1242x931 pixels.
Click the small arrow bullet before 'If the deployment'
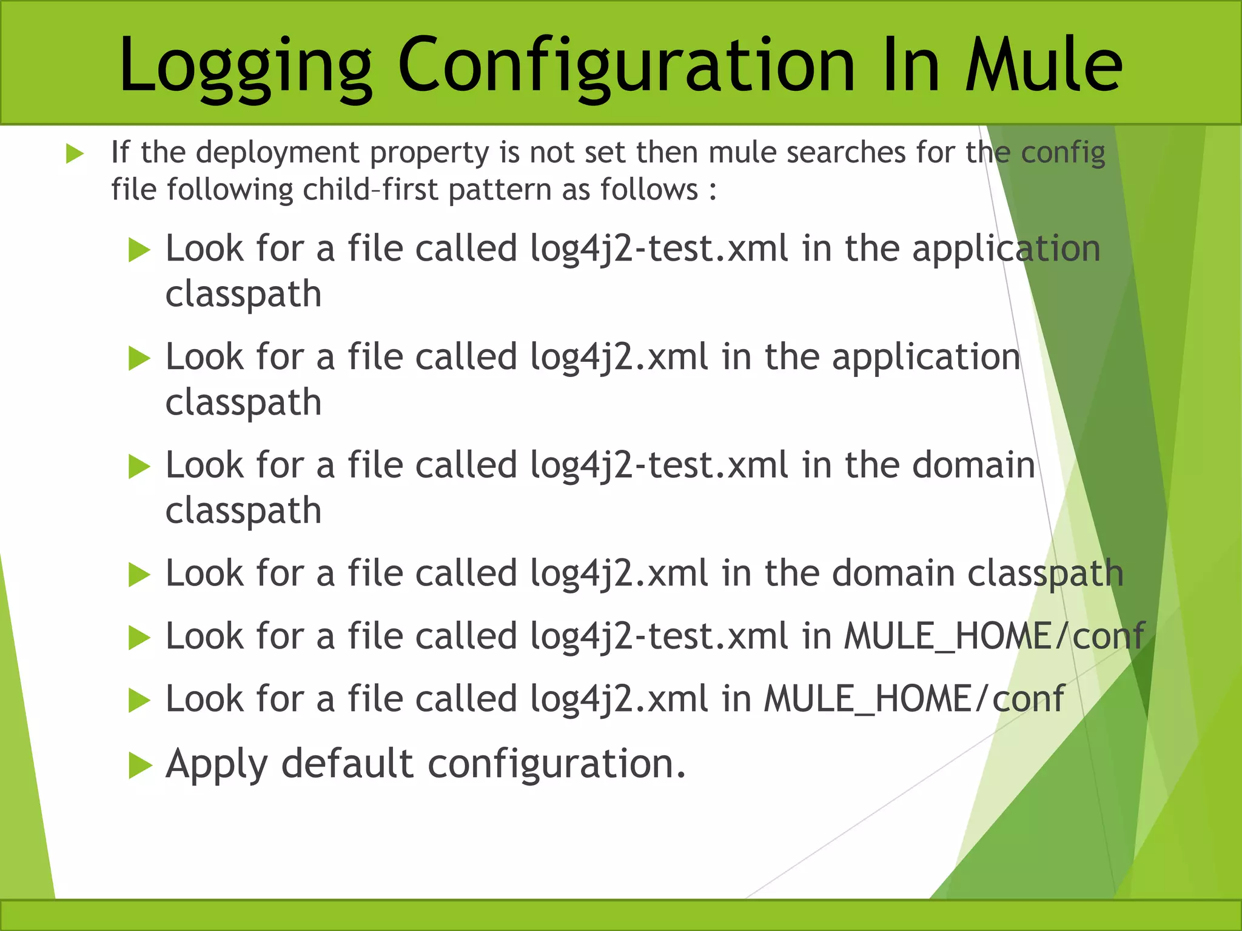coord(74,154)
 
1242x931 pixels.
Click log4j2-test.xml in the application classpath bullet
coord(659,249)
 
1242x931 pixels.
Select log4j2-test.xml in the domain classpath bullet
coord(659,465)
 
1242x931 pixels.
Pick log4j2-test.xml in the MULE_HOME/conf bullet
coord(659,637)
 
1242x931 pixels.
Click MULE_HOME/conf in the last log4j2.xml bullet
coord(913,699)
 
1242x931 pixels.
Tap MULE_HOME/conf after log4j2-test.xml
coord(994,637)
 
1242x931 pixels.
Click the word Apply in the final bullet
coord(216,764)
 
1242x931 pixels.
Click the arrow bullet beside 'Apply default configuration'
coord(139,766)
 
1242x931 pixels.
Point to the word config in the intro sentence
coord(1062,153)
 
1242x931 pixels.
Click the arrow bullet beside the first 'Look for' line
coord(139,250)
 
